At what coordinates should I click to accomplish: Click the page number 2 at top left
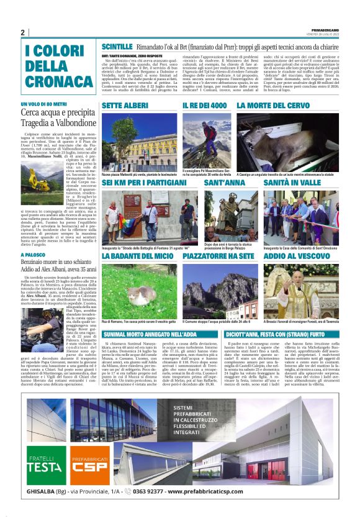coord(22,32)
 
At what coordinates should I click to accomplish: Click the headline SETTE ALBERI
coord(125,106)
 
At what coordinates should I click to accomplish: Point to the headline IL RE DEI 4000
coord(205,106)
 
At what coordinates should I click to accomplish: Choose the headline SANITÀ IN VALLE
coord(293,184)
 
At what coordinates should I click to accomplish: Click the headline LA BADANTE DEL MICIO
coord(138,255)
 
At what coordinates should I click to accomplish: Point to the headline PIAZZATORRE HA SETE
coord(218,255)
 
